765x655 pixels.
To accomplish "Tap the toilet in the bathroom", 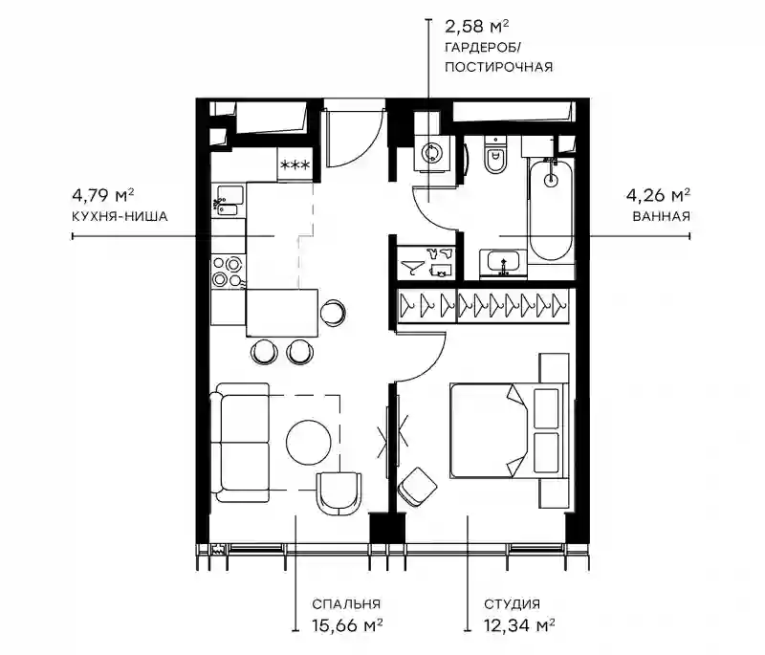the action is (x=495, y=155).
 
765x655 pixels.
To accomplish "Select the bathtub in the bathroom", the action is (x=551, y=210).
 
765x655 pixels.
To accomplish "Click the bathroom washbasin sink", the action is (x=503, y=264).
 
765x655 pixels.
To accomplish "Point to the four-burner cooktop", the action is (x=228, y=272).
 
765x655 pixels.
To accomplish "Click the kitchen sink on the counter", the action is (x=228, y=201).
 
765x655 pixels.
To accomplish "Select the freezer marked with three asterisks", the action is (x=295, y=164).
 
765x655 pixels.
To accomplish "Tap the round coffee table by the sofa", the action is (x=308, y=443).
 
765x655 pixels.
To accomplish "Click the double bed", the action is (x=509, y=429).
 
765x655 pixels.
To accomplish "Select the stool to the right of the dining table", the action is (x=333, y=312).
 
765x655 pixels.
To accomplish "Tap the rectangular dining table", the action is (x=282, y=313).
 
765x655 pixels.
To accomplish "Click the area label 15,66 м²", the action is (x=347, y=624).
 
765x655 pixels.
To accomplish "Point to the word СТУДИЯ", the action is (x=513, y=603).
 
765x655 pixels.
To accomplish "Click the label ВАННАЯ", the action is (x=661, y=216).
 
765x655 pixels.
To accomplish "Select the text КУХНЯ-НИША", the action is (x=120, y=216).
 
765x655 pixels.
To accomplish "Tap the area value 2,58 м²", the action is (x=476, y=26).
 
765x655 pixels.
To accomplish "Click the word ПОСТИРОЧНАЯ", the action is (x=498, y=67).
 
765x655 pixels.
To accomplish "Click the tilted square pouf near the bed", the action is (x=417, y=486).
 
